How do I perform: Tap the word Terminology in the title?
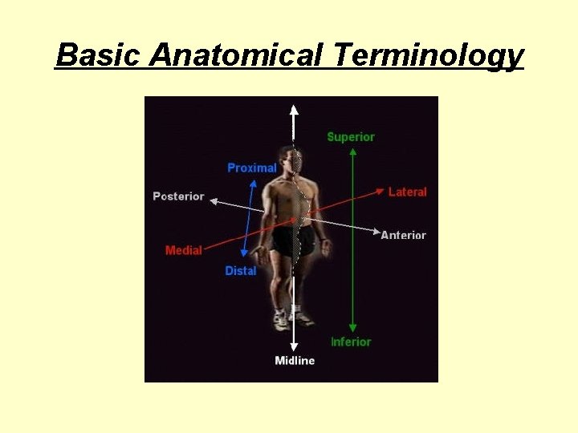point(429,55)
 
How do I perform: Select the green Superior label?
point(351,137)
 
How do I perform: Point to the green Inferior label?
point(351,342)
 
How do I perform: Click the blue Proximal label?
point(251,168)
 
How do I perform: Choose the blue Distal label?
point(240,271)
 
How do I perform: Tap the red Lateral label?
point(407,192)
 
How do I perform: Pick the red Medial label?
point(183,250)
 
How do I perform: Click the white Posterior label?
point(178,196)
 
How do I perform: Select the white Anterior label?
point(403,235)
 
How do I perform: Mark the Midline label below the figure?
point(295,361)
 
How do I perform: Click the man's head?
point(291,159)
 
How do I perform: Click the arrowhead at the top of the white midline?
point(295,109)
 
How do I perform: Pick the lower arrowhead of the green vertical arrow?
point(352,329)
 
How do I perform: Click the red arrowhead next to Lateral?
point(380,191)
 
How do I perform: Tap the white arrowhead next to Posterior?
point(213,200)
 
